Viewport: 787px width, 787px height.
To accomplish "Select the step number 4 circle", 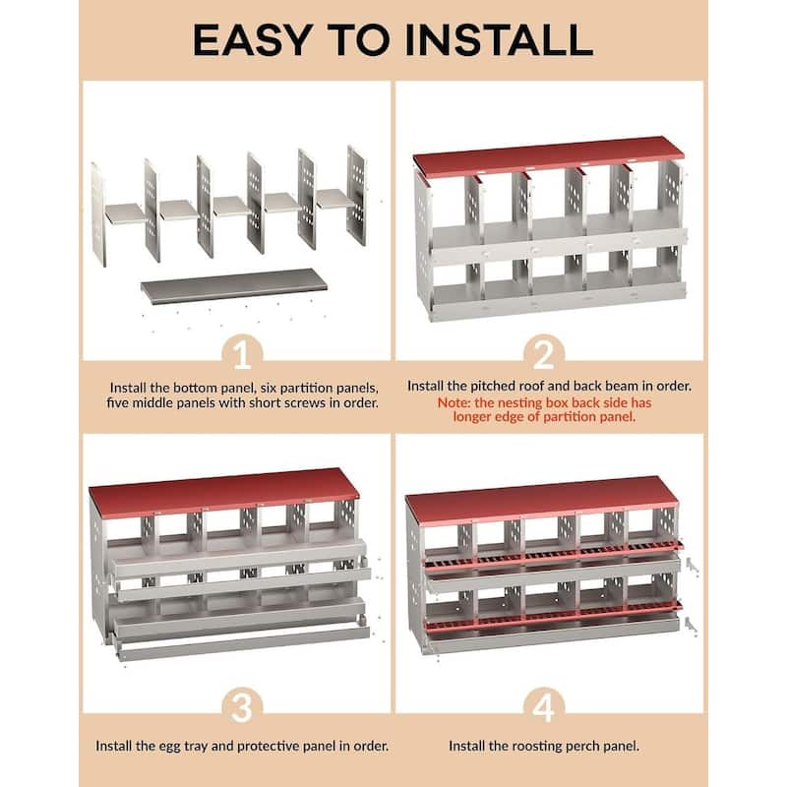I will [549, 706].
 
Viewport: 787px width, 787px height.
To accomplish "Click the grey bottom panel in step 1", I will [233, 286].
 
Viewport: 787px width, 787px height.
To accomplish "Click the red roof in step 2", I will [548, 156].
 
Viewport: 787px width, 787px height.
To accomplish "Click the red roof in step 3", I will [224, 489].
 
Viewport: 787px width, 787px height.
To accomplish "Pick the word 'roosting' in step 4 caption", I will [531, 746].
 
